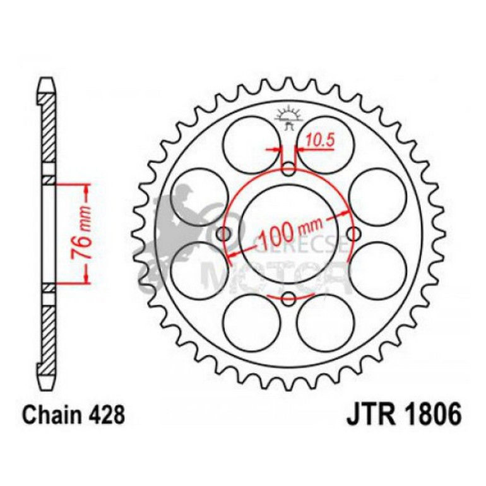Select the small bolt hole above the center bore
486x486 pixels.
click(x=288, y=169)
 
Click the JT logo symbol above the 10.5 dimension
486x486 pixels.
click(x=289, y=117)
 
